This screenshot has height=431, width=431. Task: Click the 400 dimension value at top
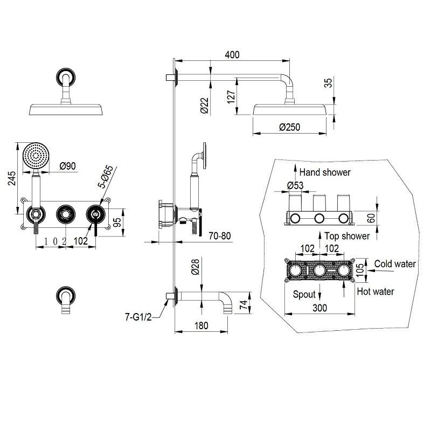[x=232, y=55]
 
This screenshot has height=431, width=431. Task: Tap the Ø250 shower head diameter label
[x=289, y=128]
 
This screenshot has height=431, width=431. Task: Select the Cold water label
[x=395, y=264]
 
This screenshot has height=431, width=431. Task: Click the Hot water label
[x=376, y=291]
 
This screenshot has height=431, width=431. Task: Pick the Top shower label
[x=347, y=236]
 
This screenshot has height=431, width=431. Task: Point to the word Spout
[x=303, y=294]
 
